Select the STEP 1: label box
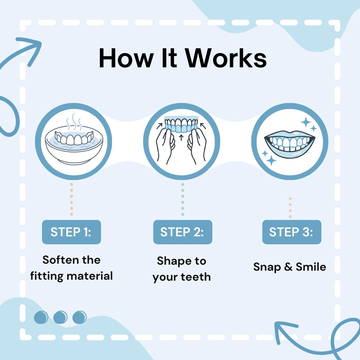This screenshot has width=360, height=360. coord(71,232)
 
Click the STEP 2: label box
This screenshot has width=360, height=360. coord(182,232)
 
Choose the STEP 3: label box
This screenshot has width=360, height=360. coord(291,232)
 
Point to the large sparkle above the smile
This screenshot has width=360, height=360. coord(306,122)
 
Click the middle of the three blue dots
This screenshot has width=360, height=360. coord(60,317)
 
